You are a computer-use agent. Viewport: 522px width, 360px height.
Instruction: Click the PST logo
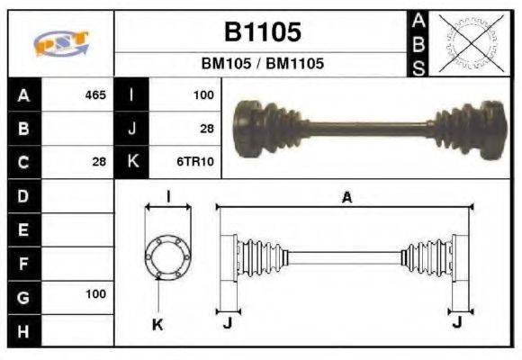point(60,43)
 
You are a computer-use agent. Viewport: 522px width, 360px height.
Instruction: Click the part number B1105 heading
point(262,33)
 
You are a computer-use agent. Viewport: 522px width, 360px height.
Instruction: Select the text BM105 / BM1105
point(262,64)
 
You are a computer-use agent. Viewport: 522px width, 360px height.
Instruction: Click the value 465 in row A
point(95,94)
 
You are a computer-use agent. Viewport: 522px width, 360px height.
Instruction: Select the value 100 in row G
point(95,294)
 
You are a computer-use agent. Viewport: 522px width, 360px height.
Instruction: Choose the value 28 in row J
point(206,129)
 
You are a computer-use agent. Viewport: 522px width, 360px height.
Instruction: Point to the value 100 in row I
point(202,94)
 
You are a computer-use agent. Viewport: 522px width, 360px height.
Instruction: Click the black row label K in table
point(131,162)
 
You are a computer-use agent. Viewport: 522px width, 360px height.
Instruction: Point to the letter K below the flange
point(157,325)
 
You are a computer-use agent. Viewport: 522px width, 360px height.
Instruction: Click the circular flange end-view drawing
point(166,256)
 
